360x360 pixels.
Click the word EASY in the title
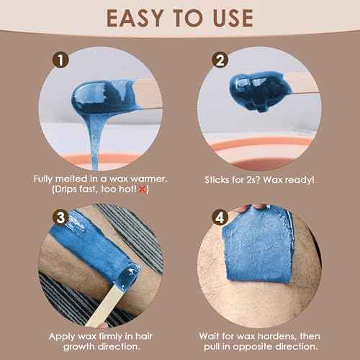click(135, 18)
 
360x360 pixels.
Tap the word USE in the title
click(233, 18)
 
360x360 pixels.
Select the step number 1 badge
click(60, 60)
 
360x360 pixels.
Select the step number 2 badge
click(220, 60)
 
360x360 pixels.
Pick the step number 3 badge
click(60, 218)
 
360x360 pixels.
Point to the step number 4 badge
click(220, 218)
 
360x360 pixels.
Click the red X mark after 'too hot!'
click(143, 189)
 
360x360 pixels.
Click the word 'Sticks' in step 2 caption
click(217, 179)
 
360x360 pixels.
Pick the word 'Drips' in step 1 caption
click(66, 189)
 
